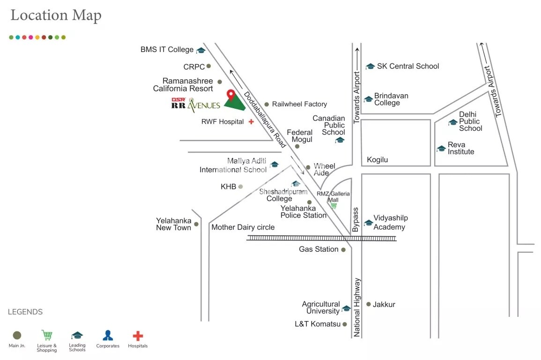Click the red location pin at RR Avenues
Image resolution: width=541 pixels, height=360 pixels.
tap(230, 95)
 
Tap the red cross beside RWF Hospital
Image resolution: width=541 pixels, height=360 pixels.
tap(251, 121)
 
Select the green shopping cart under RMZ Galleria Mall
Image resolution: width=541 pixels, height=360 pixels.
tap(334, 205)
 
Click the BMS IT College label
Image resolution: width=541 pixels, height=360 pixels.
tap(167, 50)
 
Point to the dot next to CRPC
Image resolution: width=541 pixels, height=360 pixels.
tap(208, 66)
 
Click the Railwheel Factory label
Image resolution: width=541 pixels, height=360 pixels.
tap(299, 104)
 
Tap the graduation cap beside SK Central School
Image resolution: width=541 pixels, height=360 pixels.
tap(370, 67)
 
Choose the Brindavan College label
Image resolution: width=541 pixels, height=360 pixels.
tap(391, 99)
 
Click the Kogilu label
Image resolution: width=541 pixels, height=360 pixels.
tap(378, 160)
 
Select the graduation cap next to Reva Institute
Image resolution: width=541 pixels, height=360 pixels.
tap(441, 149)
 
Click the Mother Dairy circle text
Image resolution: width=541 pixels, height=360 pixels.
tap(243, 227)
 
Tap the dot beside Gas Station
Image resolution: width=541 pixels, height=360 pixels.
tap(343, 250)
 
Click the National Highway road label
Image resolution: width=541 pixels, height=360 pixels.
tap(357, 307)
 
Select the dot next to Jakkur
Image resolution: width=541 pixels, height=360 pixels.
tap(369, 304)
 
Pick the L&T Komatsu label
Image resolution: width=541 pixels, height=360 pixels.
tap(318, 324)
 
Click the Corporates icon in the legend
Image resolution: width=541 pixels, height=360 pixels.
tap(108, 335)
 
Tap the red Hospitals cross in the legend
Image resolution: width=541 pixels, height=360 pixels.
tap(138, 336)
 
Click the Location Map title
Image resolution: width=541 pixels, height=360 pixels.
tap(56, 15)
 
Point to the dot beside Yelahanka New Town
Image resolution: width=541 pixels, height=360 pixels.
tap(196, 224)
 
